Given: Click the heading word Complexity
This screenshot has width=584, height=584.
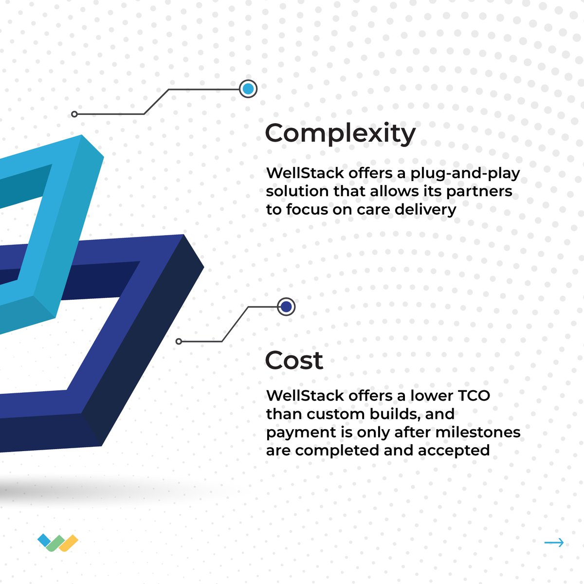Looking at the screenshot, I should click(x=340, y=133).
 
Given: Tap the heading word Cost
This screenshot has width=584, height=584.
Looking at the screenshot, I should click(x=294, y=361).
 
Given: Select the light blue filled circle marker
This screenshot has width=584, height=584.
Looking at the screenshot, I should click(x=248, y=89).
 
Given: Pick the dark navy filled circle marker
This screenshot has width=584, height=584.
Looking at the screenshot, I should click(x=286, y=307).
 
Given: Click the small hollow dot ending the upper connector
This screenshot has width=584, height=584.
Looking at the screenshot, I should click(x=74, y=114).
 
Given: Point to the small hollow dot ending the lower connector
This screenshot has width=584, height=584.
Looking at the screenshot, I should click(x=179, y=342).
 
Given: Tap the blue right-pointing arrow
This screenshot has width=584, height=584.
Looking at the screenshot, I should click(x=554, y=543).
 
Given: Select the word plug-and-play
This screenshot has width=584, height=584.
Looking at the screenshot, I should click(x=465, y=174).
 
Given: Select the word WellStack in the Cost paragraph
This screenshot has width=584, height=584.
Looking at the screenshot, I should click(x=297, y=395).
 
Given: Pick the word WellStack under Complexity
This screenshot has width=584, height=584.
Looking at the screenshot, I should click(x=297, y=173).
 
